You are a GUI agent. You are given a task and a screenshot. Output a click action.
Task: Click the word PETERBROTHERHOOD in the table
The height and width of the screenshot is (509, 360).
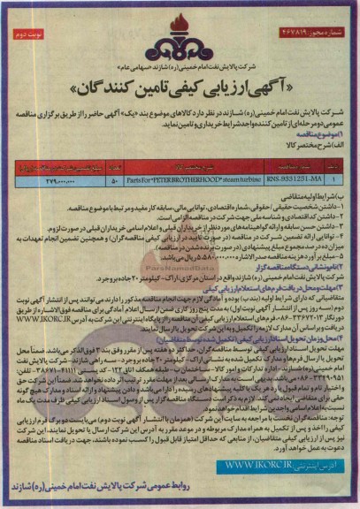point(183,156)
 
